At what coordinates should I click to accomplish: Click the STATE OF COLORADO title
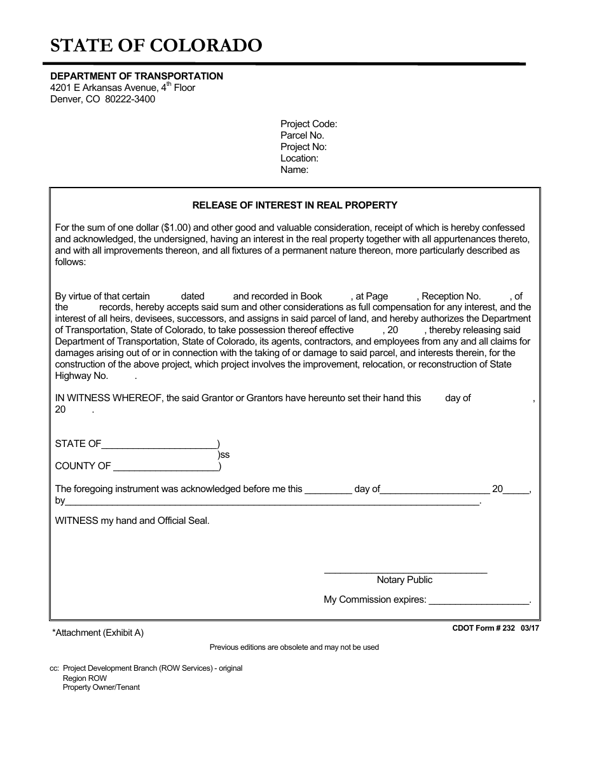point(156,46)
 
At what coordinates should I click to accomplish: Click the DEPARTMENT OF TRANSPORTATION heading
point(137,76)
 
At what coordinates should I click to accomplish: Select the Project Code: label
point(308,124)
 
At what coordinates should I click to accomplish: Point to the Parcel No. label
point(302,135)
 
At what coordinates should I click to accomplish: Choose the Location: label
point(299,158)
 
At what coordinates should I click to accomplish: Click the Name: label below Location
point(294,170)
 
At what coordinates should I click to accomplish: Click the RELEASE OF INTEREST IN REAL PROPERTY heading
point(294,205)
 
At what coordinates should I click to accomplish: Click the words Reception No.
point(451,296)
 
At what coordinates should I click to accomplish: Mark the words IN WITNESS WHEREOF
point(108,398)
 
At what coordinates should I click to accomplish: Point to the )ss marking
point(223,455)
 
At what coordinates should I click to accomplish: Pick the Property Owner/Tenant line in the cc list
point(101,687)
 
